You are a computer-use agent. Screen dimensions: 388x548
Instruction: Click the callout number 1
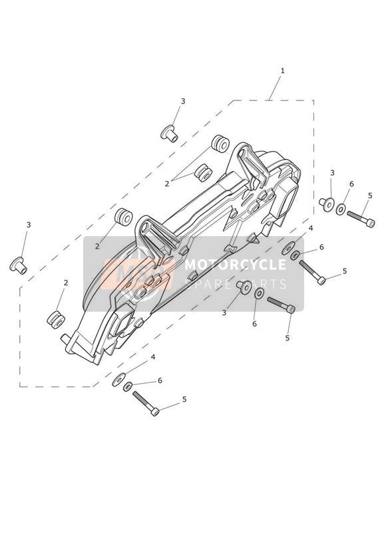coord(282,70)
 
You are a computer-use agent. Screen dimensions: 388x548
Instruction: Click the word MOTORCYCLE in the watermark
coord(236,265)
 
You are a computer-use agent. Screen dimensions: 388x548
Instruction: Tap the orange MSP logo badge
coord(138,273)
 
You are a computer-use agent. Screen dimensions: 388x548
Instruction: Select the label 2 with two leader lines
coord(167,184)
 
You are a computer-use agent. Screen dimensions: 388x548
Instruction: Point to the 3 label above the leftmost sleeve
coord(29,225)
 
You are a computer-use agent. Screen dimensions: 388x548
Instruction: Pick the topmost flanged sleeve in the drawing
coord(169,133)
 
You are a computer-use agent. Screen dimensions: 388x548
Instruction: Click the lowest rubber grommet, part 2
coord(56,319)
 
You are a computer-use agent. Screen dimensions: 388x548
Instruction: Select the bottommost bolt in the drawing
coord(146,403)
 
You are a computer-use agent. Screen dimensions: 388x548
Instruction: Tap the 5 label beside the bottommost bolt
coord(184,400)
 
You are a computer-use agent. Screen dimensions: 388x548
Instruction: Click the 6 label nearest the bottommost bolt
coord(160,380)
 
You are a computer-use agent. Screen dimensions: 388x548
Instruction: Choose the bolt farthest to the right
coord(361,219)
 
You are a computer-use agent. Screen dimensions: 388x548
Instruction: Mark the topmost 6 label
coord(351,184)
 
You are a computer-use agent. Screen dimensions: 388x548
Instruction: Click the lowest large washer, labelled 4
coord(119,380)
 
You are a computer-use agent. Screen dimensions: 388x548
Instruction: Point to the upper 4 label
coord(309,229)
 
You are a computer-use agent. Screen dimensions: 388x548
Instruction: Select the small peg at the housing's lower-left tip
coord(66,339)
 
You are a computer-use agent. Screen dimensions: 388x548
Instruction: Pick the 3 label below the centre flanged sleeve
coord(224,313)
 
